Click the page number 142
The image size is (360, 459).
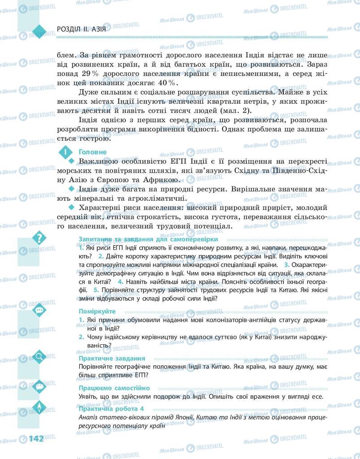pos(36,438)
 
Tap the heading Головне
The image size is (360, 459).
pos(92,152)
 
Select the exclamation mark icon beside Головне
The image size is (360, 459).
pos(65,152)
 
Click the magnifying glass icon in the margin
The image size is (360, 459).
pos(39,357)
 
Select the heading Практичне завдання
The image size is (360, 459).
pos(111,359)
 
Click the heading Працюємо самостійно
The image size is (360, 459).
pos(114,388)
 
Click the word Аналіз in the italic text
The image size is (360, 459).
pos(88,418)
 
